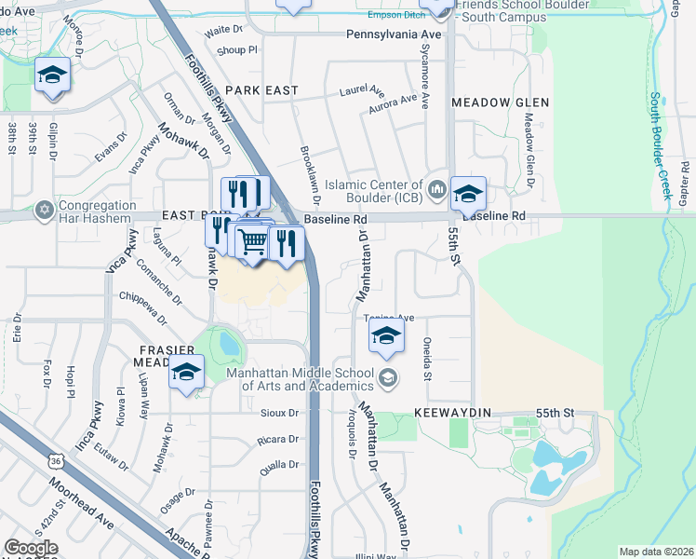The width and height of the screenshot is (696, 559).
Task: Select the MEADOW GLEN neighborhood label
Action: click(x=500, y=102)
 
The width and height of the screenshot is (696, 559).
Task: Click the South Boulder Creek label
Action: click(x=661, y=145)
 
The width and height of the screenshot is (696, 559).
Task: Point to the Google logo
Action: click(x=31, y=548)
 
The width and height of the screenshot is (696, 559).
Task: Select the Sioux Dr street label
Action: click(x=278, y=413)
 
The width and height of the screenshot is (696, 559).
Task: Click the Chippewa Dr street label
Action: click(x=141, y=308)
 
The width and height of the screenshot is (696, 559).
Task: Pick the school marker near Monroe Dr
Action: click(x=53, y=76)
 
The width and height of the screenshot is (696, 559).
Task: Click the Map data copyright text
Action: click(x=656, y=552)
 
